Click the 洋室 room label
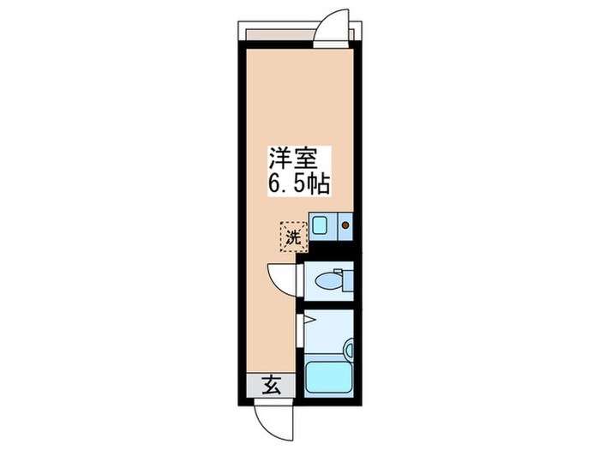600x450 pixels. pos(293,159)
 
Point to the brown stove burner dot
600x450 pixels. pos(346,226)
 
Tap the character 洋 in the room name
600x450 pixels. pos(279,159)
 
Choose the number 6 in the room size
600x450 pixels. pos(275,183)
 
